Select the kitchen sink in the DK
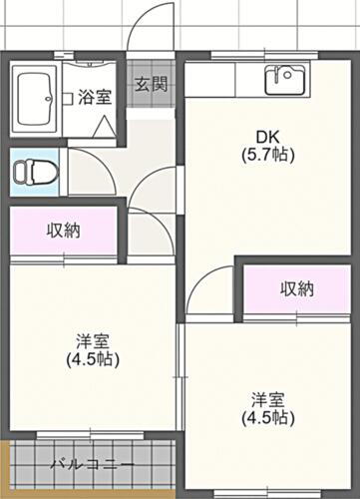click(x=286, y=78)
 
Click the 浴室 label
click(x=94, y=97)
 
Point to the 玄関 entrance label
click(x=151, y=82)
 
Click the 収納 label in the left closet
click(x=64, y=230)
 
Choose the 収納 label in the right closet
click(x=296, y=289)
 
